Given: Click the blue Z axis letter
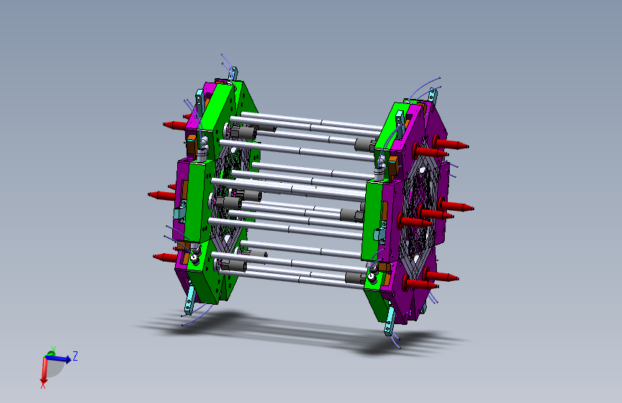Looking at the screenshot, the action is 75,356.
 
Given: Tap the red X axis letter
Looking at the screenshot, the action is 43,385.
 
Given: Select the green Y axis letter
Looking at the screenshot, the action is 53,349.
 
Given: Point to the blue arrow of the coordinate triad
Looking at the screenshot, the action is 58,359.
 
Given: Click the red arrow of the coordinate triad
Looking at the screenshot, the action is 44,370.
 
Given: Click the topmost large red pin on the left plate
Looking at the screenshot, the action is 175,125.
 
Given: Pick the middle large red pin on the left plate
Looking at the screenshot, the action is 161,195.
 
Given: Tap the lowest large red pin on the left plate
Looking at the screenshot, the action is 166,257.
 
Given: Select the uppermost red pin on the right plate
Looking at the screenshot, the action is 451,143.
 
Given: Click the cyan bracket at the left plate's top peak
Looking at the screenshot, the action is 234,73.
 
